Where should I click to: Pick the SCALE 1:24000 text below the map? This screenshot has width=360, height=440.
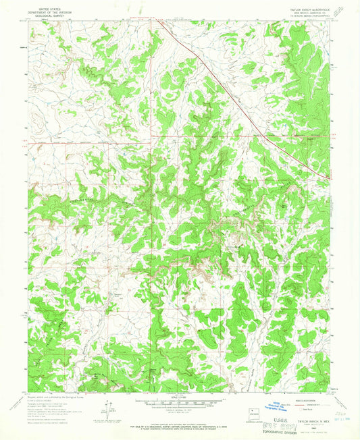pos(181,396)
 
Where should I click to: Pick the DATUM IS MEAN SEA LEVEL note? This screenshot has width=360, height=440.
pos(181,410)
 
